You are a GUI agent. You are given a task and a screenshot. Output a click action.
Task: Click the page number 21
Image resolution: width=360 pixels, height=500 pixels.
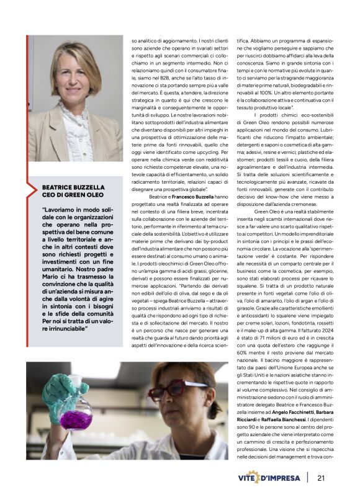pos(321,478)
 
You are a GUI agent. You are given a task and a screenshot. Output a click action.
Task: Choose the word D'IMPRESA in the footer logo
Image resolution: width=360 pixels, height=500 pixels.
pos(283,478)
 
